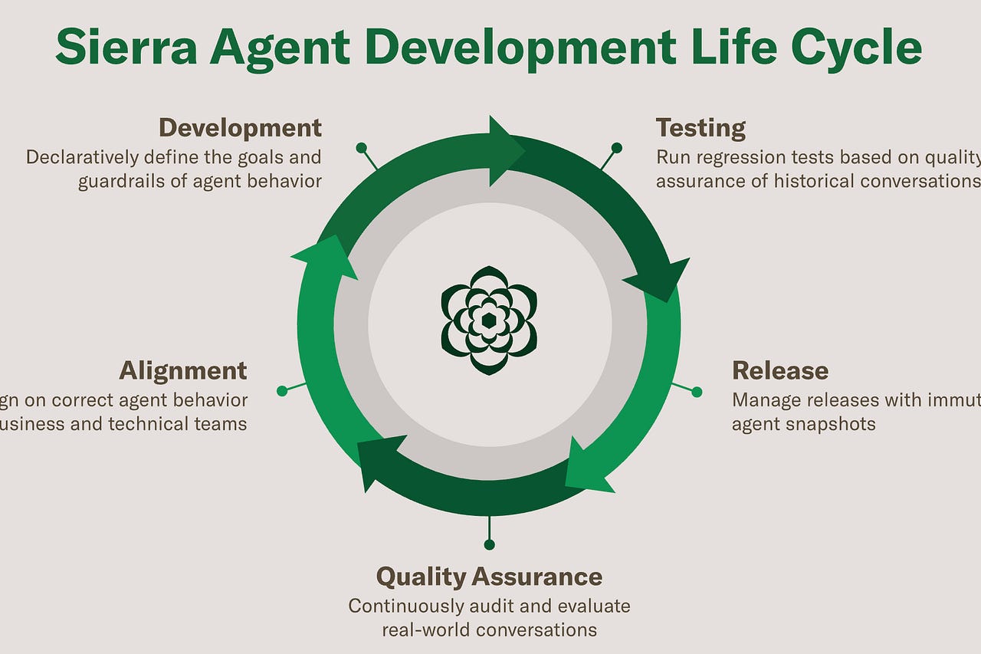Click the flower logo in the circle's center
(489, 320)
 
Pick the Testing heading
(700, 128)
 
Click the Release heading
(779, 371)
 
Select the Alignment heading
(182, 371)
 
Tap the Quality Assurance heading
(489, 577)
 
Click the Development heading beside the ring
(240, 127)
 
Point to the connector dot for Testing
(616, 147)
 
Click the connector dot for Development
(360, 147)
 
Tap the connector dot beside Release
(697, 392)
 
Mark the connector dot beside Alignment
(281, 391)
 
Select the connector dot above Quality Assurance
(489, 544)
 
